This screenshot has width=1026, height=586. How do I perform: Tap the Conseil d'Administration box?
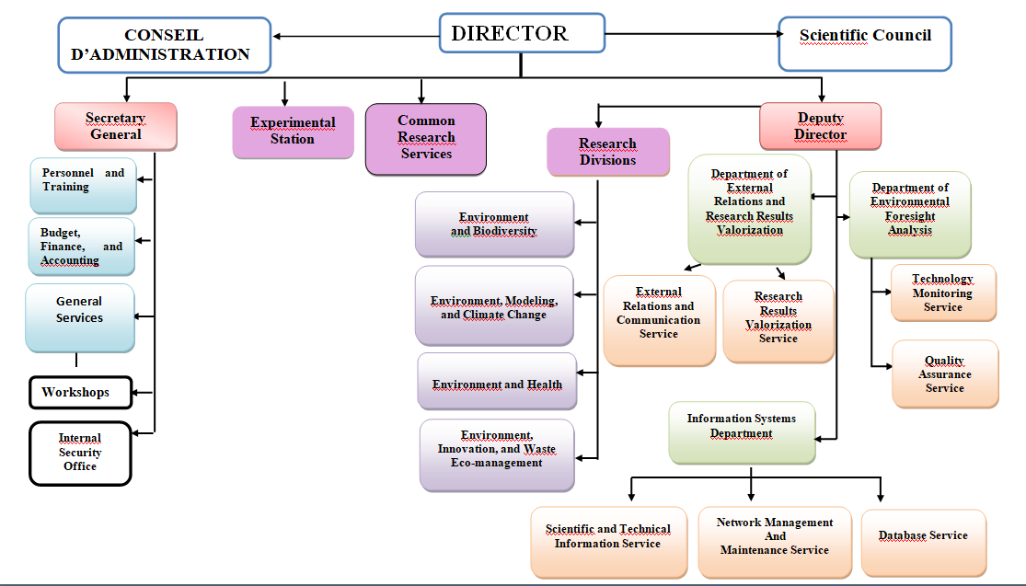tap(165, 45)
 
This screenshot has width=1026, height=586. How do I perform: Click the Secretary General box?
tap(115, 126)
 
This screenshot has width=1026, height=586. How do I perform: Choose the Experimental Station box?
tap(293, 132)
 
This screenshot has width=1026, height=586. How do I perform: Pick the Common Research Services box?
tap(425, 138)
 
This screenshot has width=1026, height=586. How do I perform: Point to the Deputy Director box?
tap(820, 126)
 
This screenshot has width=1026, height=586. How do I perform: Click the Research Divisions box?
tap(606, 152)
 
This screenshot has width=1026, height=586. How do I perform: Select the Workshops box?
tap(80, 393)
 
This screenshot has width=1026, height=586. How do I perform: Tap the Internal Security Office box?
tap(80, 453)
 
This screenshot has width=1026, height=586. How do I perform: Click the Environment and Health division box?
tap(497, 382)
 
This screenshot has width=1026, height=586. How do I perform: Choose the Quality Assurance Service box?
tap(945, 374)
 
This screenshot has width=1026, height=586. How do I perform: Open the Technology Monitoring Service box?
tap(943, 293)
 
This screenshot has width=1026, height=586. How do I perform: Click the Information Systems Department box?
tap(741, 431)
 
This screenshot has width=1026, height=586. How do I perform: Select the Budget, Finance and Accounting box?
tap(81, 247)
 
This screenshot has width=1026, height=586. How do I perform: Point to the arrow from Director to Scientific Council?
tap(690, 36)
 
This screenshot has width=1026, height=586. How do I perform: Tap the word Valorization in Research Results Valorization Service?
tap(778, 325)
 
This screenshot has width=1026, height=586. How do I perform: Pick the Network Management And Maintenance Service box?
tap(775, 542)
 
